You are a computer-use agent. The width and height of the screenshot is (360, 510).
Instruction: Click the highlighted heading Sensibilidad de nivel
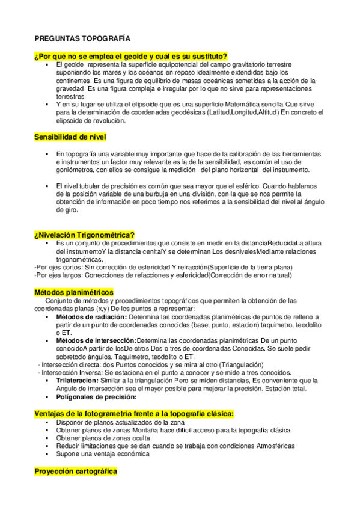(x=70, y=138)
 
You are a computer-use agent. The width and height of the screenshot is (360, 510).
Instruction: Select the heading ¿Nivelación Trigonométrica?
(x=84, y=235)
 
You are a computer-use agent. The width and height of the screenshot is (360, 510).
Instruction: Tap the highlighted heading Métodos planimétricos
(x=74, y=292)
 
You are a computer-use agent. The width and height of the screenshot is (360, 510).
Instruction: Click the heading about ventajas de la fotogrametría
(x=133, y=414)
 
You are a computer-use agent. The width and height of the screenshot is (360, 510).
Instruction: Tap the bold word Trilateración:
(x=77, y=381)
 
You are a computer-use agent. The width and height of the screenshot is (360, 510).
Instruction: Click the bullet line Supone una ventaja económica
(x=102, y=454)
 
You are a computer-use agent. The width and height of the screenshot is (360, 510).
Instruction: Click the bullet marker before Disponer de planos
(x=46, y=423)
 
